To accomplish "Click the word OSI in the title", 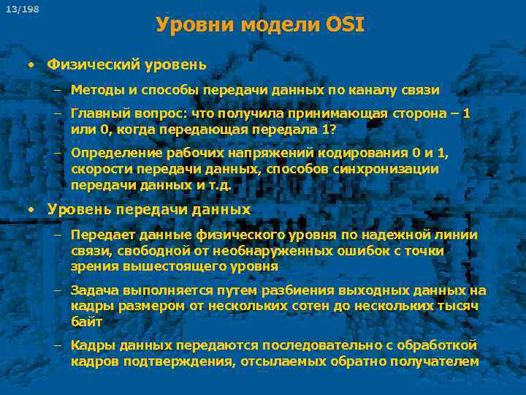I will [x=342, y=26].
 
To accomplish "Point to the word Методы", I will [x=96, y=90].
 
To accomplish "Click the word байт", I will [x=86, y=322].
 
